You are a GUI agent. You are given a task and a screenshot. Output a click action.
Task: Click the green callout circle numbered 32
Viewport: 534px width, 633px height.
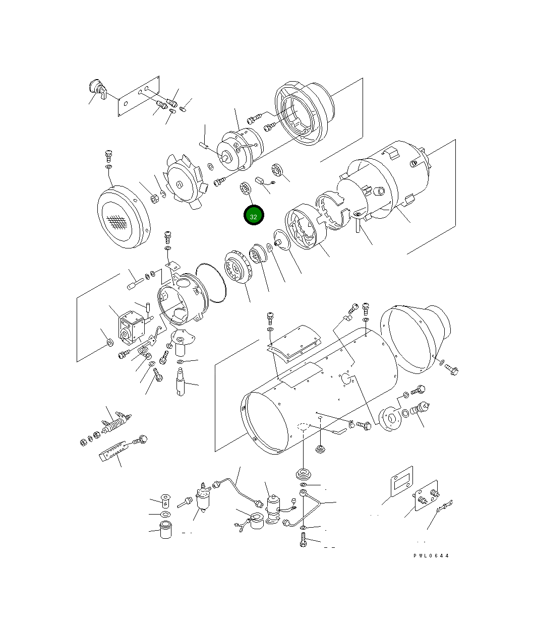(x=254, y=216)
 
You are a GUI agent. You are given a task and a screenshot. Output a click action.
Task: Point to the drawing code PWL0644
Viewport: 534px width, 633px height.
(x=431, y=556)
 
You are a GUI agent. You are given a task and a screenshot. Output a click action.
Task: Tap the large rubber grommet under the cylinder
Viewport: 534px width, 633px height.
(x=303, y=475)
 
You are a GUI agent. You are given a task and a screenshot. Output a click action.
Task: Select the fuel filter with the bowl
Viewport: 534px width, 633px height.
(x=203, y=498)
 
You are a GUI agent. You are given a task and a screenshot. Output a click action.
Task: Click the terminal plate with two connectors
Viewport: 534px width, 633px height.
(x=426, y=498)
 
